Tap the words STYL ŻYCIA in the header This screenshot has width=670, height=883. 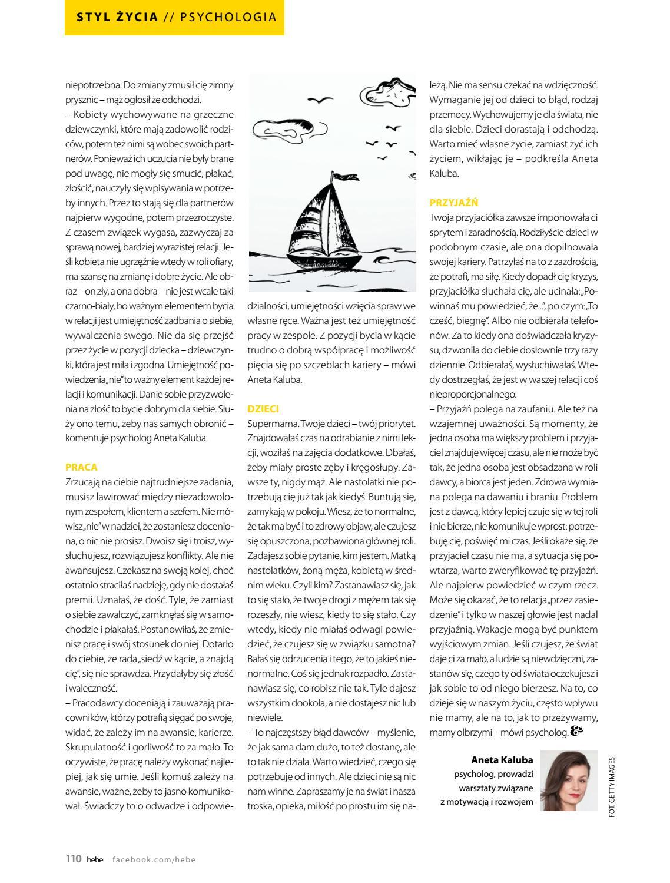click(x=117, y=17)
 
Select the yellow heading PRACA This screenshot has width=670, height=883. click(x=81, y=467)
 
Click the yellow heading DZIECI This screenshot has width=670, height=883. click(x=263, y=409)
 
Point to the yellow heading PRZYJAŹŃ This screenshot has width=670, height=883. click(x=453, y=203)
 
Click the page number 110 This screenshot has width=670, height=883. click(x=73, y=859)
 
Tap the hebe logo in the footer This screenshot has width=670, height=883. click(x=95, y=859)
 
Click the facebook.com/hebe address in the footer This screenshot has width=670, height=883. click(x=154, y=859)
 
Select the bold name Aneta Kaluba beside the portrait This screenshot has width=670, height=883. click(x=502, y=760)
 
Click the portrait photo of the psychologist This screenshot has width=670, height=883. click(x=569, y=780)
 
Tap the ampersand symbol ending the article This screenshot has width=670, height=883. click(x=576, y=731)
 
